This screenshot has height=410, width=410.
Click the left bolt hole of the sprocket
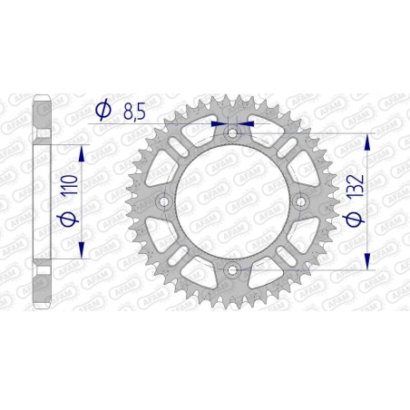coord(165,201)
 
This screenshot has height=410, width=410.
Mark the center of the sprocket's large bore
coord(232,201)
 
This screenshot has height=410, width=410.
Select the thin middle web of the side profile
coord(43,201)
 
